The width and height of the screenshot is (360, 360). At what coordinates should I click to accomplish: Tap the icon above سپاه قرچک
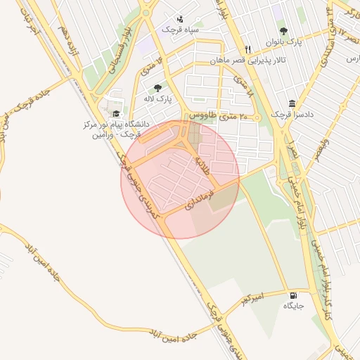click(x=181, y=18)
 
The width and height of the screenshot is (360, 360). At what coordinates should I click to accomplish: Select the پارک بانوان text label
click(x=283, y=42)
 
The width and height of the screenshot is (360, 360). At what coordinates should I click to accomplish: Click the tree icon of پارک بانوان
click(x=283, y=31)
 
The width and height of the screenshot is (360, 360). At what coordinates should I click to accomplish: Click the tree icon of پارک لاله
click(x=157, y=89)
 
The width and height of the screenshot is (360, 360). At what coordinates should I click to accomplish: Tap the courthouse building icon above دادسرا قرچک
click(x=292, y=103)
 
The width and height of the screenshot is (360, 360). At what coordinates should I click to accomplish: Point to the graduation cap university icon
click(x=115, y=113)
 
